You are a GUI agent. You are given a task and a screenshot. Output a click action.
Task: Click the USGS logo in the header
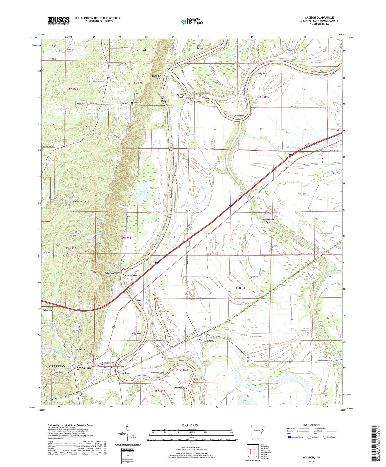point(59,21)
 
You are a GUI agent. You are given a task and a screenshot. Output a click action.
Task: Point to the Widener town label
point(212,341)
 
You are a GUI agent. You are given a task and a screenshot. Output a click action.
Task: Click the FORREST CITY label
point(58,366)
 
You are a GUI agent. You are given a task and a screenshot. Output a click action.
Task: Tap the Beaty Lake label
point(142,193)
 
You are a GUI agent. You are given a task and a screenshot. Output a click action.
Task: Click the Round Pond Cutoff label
point(268,221)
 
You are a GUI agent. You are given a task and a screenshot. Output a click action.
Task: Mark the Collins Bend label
point(238,116)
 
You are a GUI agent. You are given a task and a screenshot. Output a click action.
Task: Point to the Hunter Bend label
point(261,73)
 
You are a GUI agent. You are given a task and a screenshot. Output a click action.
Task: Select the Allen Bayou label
point(293,147)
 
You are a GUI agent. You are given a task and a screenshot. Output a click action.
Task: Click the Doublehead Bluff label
point(111,273)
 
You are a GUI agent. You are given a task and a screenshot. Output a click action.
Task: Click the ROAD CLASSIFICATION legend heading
point(311,425)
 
